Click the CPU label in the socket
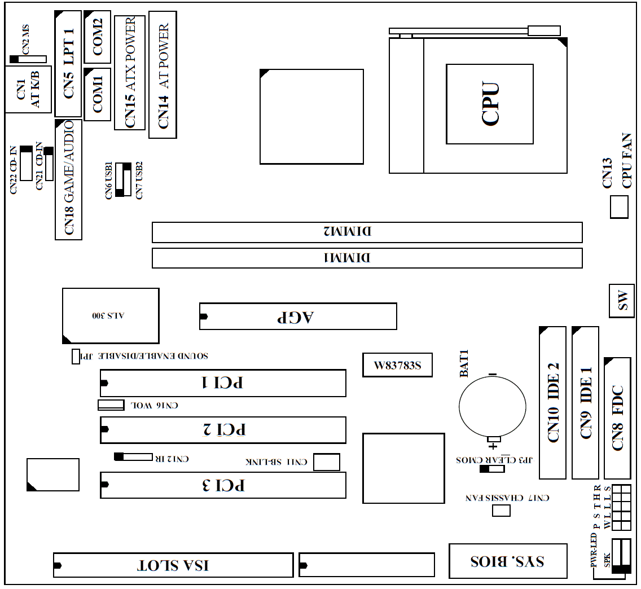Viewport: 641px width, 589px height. [490, 104]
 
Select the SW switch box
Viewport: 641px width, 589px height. [623, 301]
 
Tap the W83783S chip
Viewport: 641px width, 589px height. [398, 366]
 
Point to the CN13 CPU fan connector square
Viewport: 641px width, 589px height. [620, 206]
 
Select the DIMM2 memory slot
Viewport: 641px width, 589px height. [367, 232]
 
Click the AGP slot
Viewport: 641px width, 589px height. [298, 317]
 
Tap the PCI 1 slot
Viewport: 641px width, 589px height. [223, 383]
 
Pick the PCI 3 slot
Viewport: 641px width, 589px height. [223, 485]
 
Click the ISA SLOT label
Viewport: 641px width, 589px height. [174, 565]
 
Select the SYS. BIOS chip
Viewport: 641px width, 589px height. [508, 561]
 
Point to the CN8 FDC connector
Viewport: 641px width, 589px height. [617, 417]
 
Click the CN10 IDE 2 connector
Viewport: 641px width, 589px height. [552, 403]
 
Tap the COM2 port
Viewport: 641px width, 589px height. [97, 37]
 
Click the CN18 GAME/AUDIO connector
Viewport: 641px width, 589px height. [68, 179]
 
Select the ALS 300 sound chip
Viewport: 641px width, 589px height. [111, 316]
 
